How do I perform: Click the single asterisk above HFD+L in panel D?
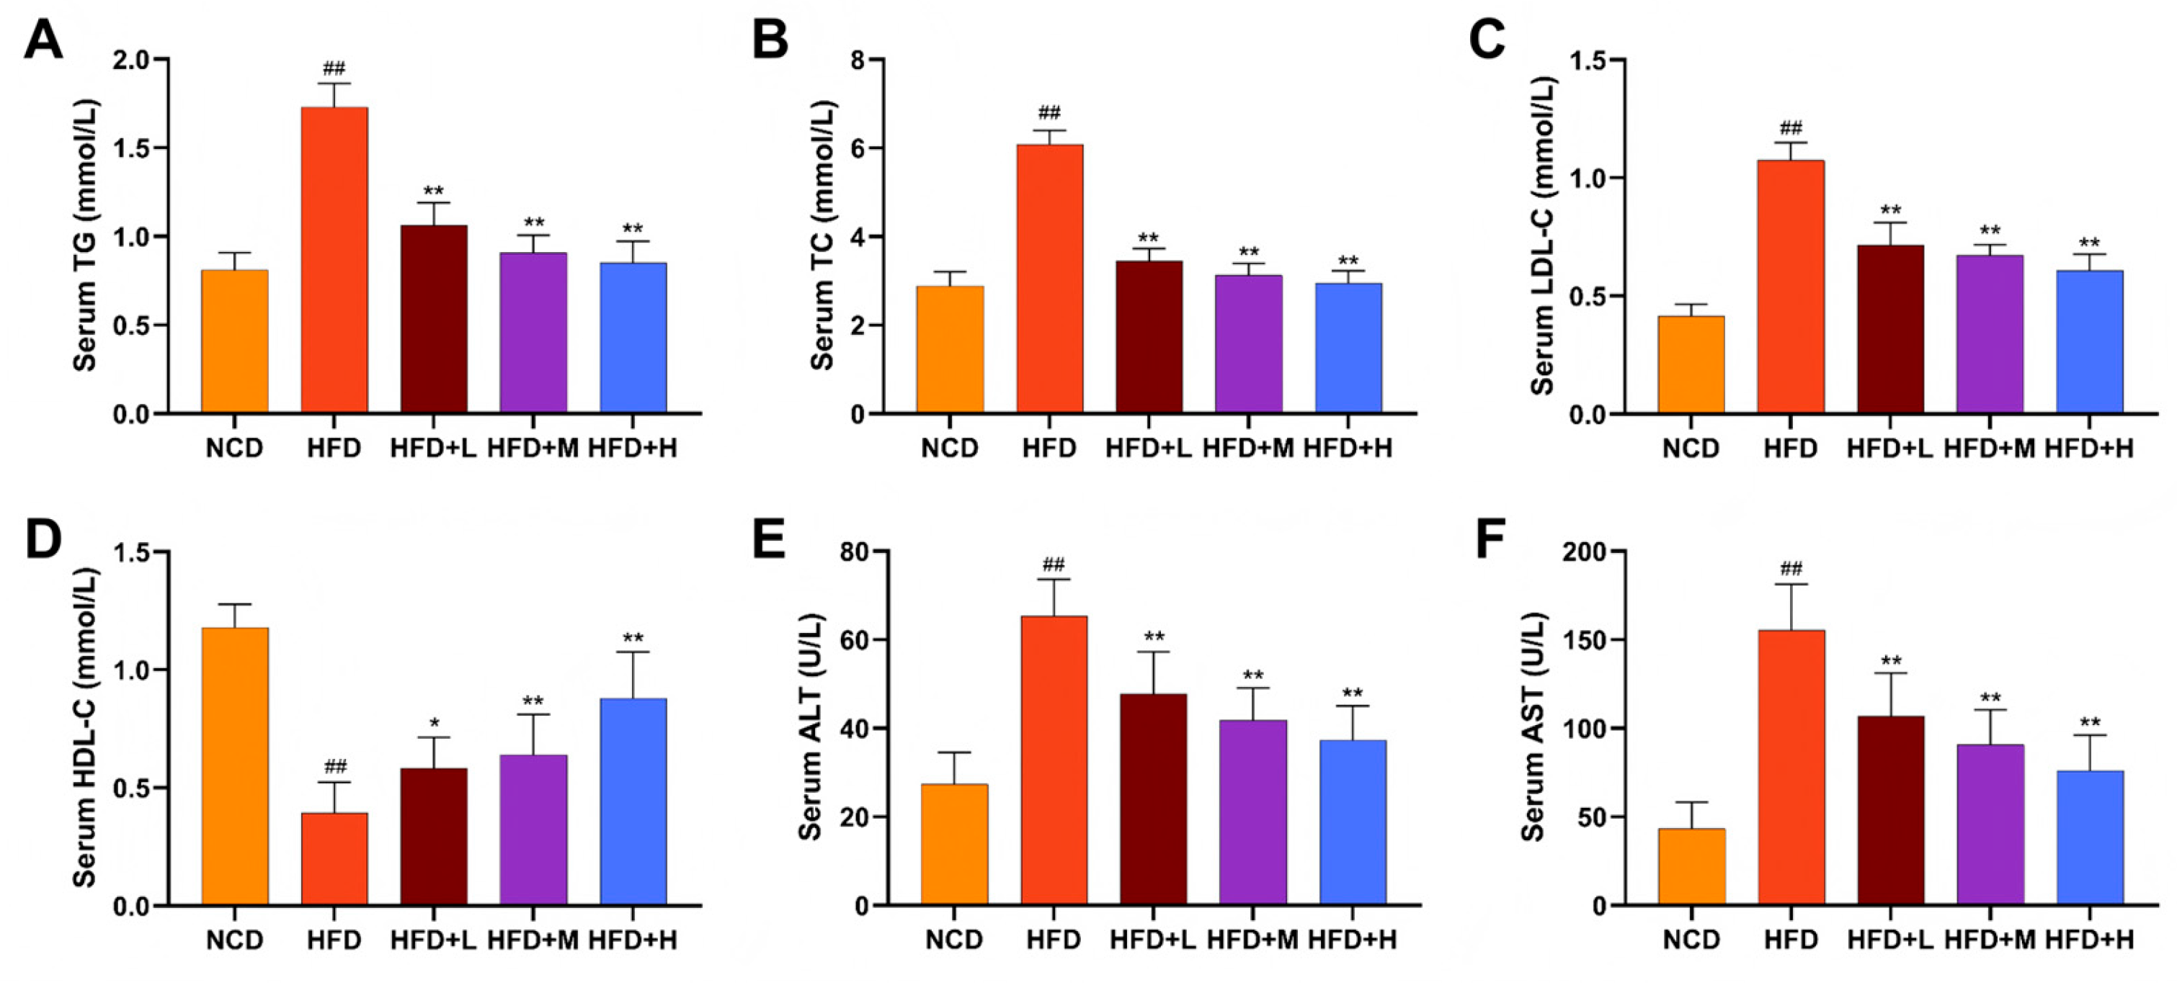434,724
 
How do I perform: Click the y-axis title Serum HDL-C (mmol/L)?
84,727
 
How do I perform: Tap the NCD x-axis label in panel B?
950,448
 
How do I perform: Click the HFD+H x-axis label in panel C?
2089,448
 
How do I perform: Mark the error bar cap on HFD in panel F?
1790,585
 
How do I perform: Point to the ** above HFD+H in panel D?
633,639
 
